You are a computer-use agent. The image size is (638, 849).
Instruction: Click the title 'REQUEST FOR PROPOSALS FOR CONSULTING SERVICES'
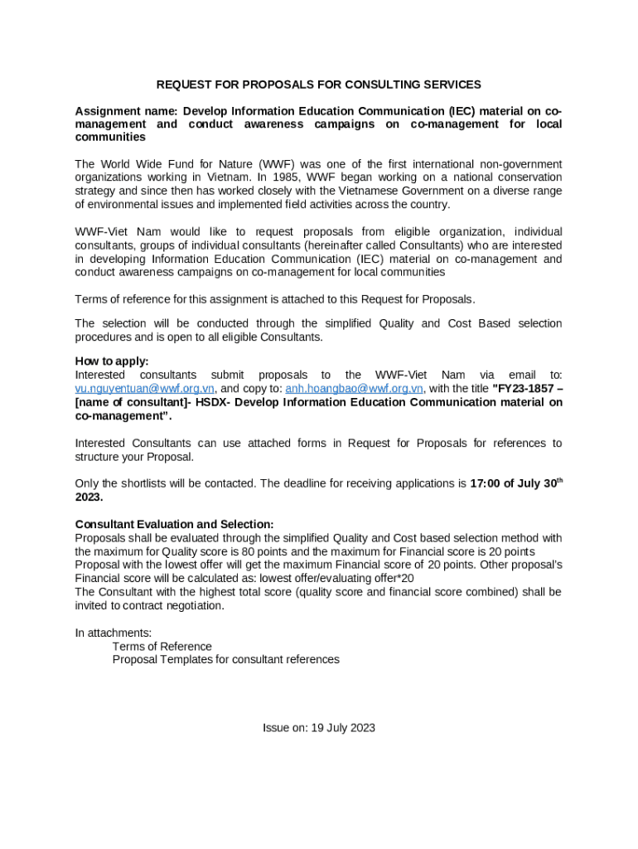coord(319,85)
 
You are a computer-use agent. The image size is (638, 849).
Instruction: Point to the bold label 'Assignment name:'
coord(126,111)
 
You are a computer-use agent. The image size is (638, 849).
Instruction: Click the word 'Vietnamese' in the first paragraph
coord(395,191)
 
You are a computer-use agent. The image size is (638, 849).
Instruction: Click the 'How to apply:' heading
coord(112,361)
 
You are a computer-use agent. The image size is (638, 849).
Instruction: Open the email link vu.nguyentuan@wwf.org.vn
coord(145,388)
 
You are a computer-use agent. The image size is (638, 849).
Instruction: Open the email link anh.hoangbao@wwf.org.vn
coord(355,388)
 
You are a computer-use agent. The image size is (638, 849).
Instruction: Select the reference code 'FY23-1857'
coord(524,388)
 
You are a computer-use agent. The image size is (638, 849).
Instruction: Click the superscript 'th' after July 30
coord(558,480)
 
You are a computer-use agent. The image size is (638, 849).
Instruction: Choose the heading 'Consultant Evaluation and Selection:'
coord(174,525)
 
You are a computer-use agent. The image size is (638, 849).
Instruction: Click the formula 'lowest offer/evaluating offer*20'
coord(336,578)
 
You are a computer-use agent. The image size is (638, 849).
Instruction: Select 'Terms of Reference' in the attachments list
coord(162,647)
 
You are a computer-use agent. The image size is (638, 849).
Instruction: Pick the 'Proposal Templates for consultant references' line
coord(226,660)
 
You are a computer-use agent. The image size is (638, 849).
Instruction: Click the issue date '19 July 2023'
coord(343,728)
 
